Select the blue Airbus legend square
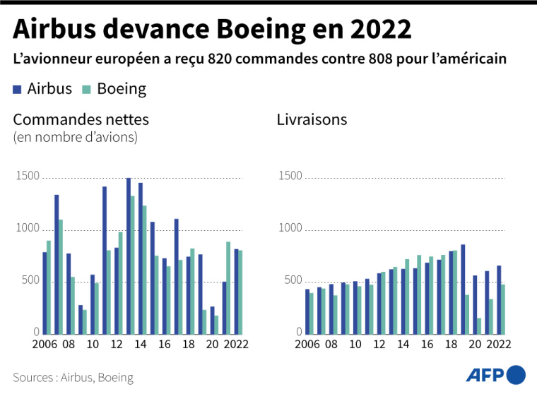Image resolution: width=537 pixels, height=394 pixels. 18,89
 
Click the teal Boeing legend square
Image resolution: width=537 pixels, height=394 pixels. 87,89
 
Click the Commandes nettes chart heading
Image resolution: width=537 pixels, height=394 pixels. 81,119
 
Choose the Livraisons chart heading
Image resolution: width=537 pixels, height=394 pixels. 312,119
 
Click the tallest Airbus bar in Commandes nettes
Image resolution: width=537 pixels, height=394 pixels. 128,256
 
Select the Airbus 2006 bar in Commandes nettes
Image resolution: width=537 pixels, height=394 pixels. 45,293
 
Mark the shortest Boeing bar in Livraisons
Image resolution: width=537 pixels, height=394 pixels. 478,326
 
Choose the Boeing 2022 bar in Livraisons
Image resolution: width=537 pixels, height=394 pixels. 502,309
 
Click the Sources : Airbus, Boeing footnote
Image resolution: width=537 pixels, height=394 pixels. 73,377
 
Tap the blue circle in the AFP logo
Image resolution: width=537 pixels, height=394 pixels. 516,374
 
